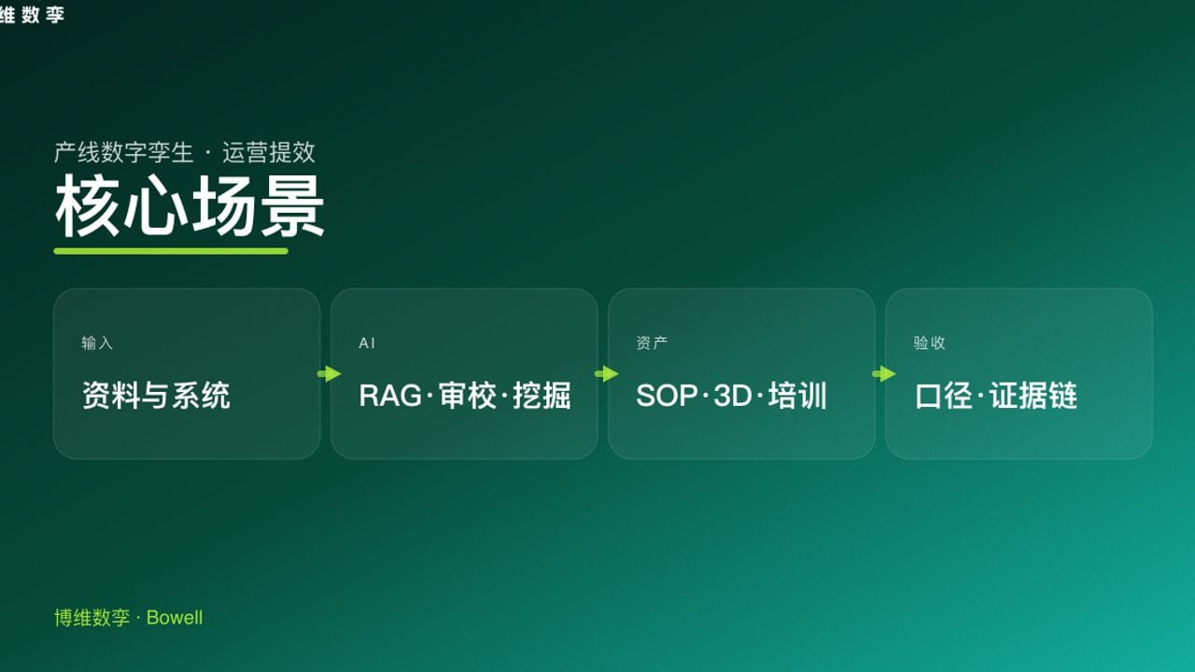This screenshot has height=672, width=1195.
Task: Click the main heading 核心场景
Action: pos(190,207)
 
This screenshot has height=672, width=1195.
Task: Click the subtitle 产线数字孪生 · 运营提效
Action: pos(185,152)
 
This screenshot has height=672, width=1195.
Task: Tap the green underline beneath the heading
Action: pos(171,251)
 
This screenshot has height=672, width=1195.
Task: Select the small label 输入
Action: pos(97,343)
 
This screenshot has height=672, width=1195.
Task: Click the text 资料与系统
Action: pos(156,396)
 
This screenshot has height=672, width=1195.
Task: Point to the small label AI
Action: pos(367,343)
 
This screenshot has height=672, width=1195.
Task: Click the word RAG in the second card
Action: pos(390,396)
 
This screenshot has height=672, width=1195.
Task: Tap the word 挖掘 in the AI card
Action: pos(541,396)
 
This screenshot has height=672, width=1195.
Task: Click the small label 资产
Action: pos(652,343)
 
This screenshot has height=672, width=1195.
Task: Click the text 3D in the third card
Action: pos(733,396)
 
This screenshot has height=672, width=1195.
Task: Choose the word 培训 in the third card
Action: pos(798,396)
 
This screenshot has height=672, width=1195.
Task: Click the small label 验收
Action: pos(930,343)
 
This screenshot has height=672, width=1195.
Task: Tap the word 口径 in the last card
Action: pos(943,396)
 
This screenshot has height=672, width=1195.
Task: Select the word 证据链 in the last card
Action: pos(1033,396)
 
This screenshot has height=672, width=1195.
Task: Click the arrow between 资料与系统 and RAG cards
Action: pos(330,374)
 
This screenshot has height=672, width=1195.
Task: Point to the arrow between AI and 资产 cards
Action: pos(607,374)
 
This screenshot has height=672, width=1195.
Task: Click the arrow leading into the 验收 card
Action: pos(884,374)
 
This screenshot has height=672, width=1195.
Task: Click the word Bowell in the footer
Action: pos(175,618)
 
